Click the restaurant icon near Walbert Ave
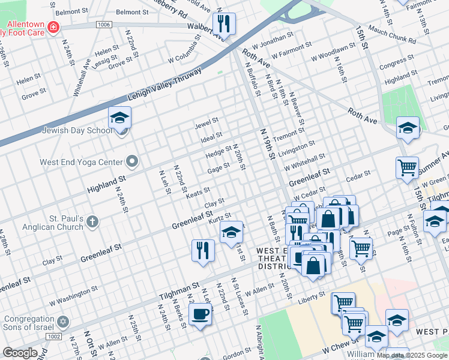click(x=224, y=24)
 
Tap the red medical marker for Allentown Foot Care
click(x=54, y=27)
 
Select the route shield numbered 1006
click(x=103, y=24)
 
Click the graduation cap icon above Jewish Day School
click(x=119, y=117)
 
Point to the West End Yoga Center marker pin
click(x=132, y=161)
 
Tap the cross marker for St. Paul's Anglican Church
click(x=92, y=222)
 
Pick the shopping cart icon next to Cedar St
click(x=408, y=167)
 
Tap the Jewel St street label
click(x=206, y=125)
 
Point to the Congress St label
click(x=393, y=62)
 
